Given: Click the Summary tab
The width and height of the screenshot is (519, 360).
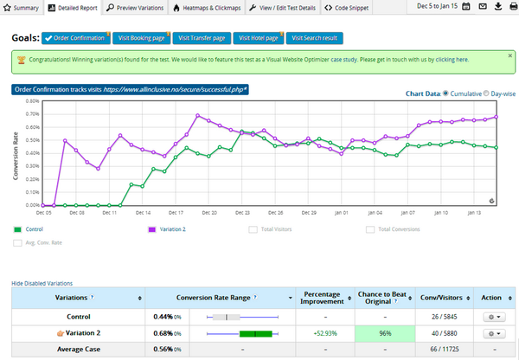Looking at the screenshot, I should coord(22,6).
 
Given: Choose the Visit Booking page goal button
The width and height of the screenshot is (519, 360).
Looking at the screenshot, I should coord(142,38).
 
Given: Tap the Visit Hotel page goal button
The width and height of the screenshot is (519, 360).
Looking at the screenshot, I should coord(257,38).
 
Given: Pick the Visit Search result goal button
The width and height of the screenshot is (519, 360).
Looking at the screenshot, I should coord(316,38).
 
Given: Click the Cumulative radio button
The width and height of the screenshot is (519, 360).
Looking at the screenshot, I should coord(446,93).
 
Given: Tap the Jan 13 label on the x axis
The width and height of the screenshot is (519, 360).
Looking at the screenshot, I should coord(471,211).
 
